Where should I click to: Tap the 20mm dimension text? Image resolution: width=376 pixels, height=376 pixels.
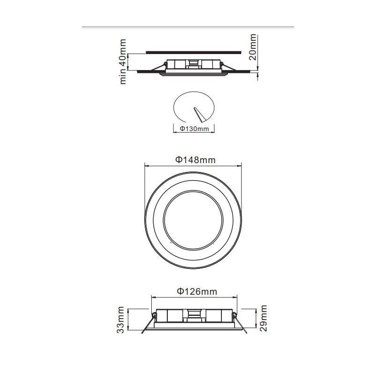click(x=253, y=47)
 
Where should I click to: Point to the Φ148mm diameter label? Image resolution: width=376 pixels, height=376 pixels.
click(x=196, y=160)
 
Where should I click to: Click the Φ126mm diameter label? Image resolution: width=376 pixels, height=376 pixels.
click(x=197, y=291)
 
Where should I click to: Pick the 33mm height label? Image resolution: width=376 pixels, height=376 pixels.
click(x=122, y=320)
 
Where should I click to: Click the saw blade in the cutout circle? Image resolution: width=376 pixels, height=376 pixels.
click(x=196, y=114)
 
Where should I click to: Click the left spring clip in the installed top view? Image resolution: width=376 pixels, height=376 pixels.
click(x=162, y=66)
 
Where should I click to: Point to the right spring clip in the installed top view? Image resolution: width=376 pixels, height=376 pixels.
click(x=223, y=66)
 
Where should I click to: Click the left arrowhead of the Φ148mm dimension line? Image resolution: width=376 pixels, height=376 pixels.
click(x=146, y=166)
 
